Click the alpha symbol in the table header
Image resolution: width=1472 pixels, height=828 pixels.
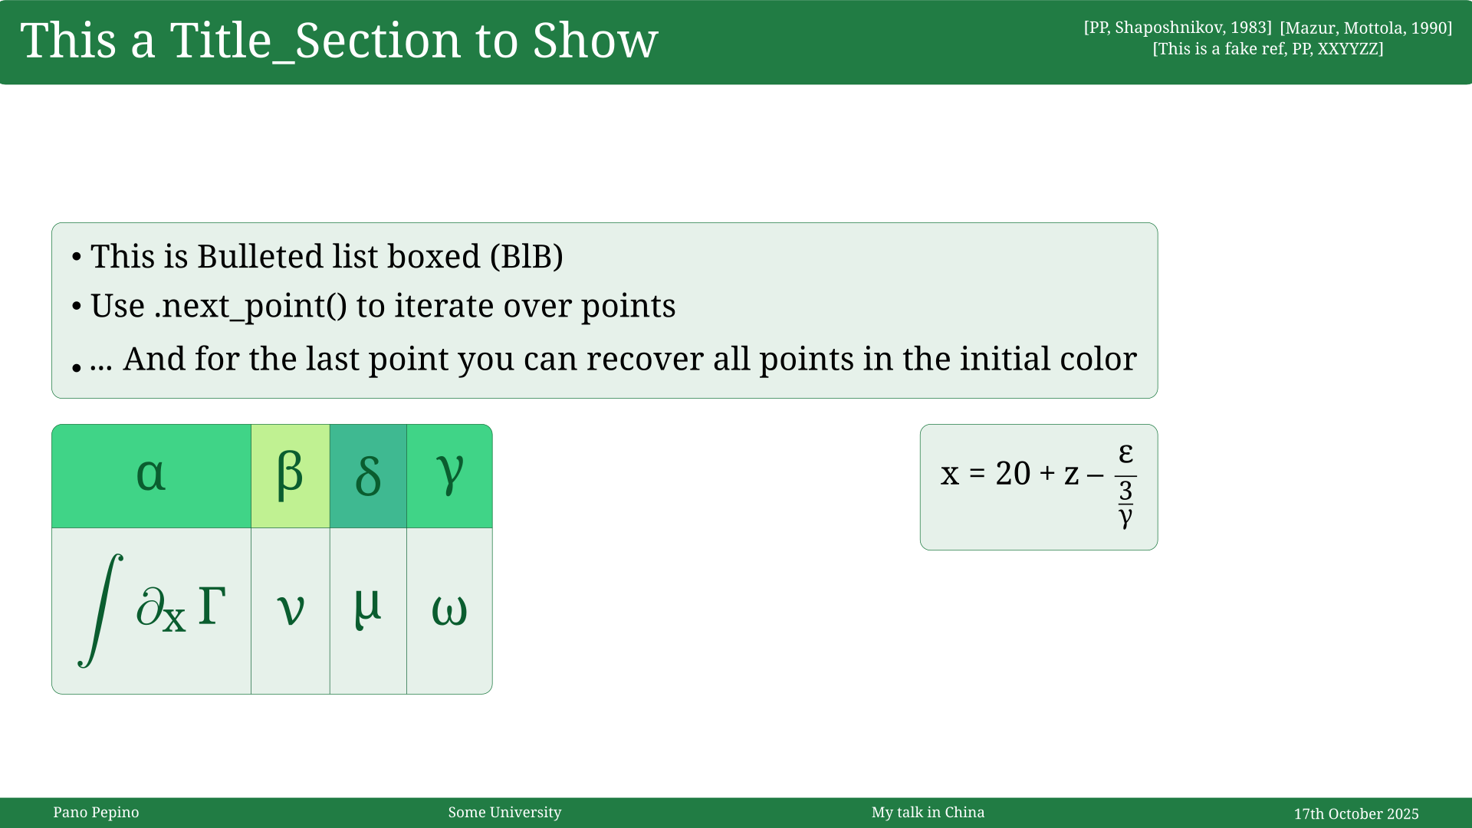pos(151,475)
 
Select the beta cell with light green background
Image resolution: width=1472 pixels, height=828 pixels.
pos(290,475)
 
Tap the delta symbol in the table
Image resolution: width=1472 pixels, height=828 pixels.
pos(368,476)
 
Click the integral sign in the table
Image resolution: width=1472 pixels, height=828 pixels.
pos(100,610)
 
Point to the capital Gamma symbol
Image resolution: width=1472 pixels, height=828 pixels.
pos(212,606)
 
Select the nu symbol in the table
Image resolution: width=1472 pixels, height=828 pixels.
pos(291,610)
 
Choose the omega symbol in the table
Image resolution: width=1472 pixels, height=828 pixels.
pos(449,611)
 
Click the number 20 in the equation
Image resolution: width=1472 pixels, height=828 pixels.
pos(1013,474)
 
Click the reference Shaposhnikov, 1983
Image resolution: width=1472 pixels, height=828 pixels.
pos(1178,28)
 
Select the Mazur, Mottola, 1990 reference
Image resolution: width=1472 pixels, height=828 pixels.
pos(1365,28)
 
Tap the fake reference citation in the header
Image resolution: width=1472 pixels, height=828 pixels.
pos(1268,49)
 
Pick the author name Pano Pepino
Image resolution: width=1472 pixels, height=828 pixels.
pos(96,813)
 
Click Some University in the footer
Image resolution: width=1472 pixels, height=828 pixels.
pos(504,813)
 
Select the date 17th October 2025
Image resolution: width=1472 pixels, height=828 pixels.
pos(1355,814)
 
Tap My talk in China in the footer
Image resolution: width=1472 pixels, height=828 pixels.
pos(928,813)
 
